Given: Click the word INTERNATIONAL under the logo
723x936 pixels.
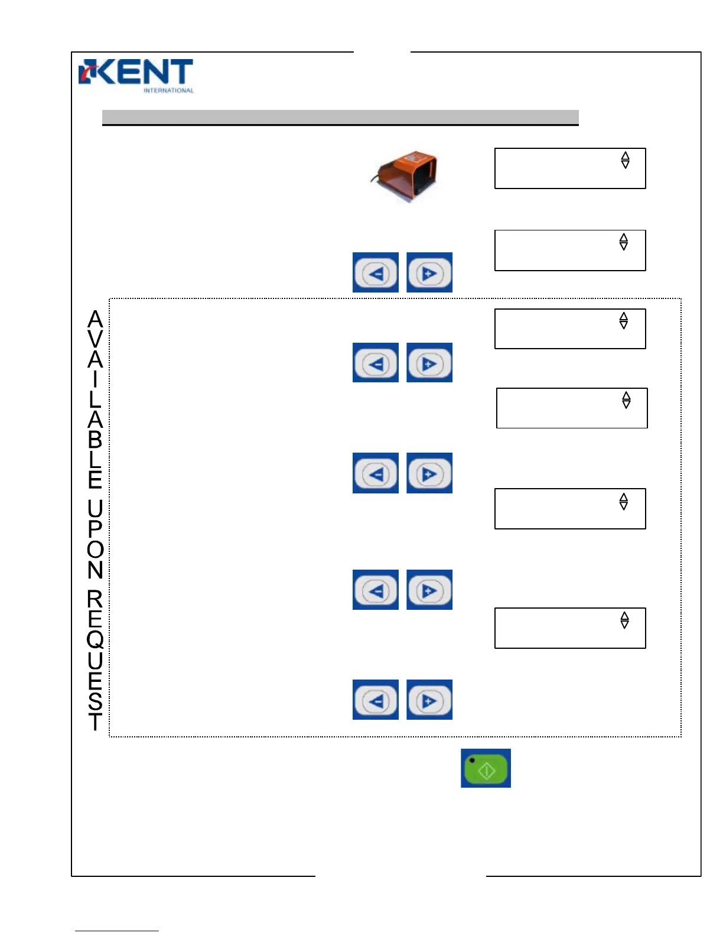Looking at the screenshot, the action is [x=168, y=90].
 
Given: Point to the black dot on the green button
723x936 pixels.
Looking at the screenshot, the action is [x=472, y=760].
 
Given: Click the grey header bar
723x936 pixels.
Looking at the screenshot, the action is [x=340, y=117].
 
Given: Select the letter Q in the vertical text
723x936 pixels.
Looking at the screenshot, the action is [x=95, y=639].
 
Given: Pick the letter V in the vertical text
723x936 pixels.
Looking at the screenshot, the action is [x=95, y=339].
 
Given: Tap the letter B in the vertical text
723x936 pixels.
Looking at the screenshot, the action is [x=95, y=440].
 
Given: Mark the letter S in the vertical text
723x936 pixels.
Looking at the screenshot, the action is [x=95, y=701].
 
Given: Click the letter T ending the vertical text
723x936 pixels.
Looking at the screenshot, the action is [x=95, y=721].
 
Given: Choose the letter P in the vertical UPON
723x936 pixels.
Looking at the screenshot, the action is [x=95, y=528].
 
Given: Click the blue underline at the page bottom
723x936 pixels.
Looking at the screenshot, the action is [x=116, y=931].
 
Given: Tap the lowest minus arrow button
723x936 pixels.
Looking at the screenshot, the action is [x=376, y=700].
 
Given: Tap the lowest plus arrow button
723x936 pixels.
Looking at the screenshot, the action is [x=429, y=700].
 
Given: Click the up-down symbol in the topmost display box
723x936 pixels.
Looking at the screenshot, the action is [x=625, y=160].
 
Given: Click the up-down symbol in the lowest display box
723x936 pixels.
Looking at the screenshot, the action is [x=624, y=620].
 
